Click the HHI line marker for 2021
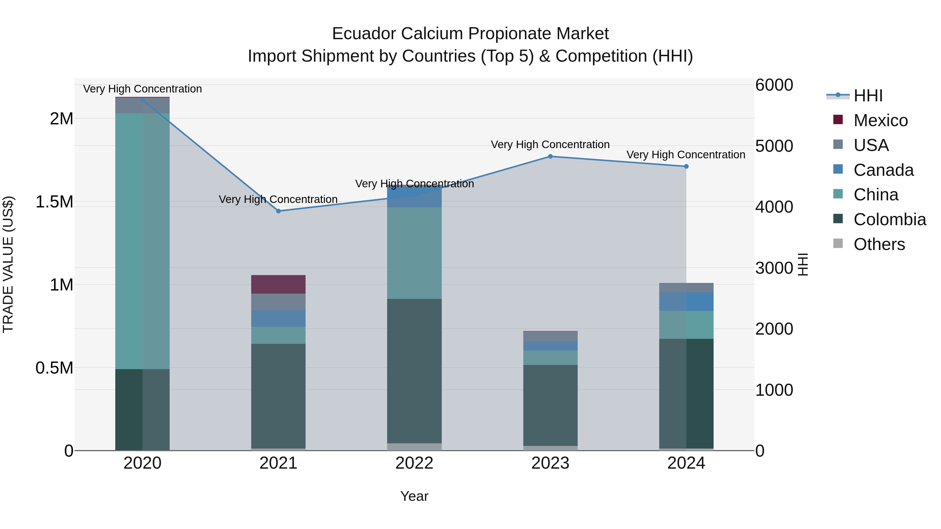click(x=278, y=211)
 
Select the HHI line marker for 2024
click(x=686, y=166)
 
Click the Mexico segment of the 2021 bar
click(x=278, y=284)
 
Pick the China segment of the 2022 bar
click(x=414, y=253)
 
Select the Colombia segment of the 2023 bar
click(x=550, y=405)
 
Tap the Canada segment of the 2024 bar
click(x=686, y=301)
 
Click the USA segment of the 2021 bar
click(x=278, y=302)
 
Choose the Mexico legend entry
click(x=880, y=120)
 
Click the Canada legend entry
click(x=883, y=170)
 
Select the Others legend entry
click(x=879, y=244)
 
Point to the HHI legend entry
click(x=868, y=96)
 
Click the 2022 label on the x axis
click(x=414, y=463)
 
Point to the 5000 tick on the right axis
click(x=774, y=146)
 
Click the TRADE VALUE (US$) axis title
click(x=8, y=264)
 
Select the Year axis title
click(x=414, y=496)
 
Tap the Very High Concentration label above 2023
click(x=550, y=144)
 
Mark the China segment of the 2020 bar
click(x=142, y=241)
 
